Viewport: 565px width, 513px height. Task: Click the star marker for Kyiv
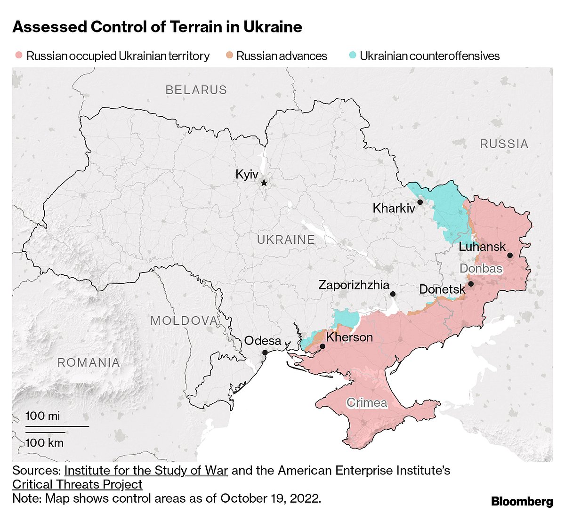tap(264, 183)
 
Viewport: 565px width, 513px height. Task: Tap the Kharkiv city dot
tap(420, 202)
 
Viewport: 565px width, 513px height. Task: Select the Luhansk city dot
tap(509, 255)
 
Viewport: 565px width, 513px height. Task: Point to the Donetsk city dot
tap(471, 284)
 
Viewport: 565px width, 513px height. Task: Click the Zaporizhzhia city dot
tap(393, 294)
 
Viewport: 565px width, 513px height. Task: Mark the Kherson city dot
tap(323, 346)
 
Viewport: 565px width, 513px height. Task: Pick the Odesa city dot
tap(265, 352)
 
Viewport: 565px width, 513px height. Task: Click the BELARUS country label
tap(196, 90)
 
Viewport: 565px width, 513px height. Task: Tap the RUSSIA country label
tap(504, 144)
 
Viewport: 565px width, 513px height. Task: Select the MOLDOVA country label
tap(185, 321)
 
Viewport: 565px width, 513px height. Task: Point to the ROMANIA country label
tap(89, 362)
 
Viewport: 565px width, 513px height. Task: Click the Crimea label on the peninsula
tap(367, 402)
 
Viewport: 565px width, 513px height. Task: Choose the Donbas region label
tap(481, 269)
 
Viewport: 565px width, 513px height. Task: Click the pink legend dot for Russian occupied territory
tap(18, 56)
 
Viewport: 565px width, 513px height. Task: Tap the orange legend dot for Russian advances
tap(229, 56)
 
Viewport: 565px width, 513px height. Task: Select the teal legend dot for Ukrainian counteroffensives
tap(353, 56)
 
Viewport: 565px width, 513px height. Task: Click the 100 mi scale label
tap(43, 416)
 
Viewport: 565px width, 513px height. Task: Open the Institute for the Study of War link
tap(146, 471)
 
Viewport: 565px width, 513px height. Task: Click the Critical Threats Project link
tap(77, 484)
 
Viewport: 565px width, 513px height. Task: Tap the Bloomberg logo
tap(522, 501)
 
